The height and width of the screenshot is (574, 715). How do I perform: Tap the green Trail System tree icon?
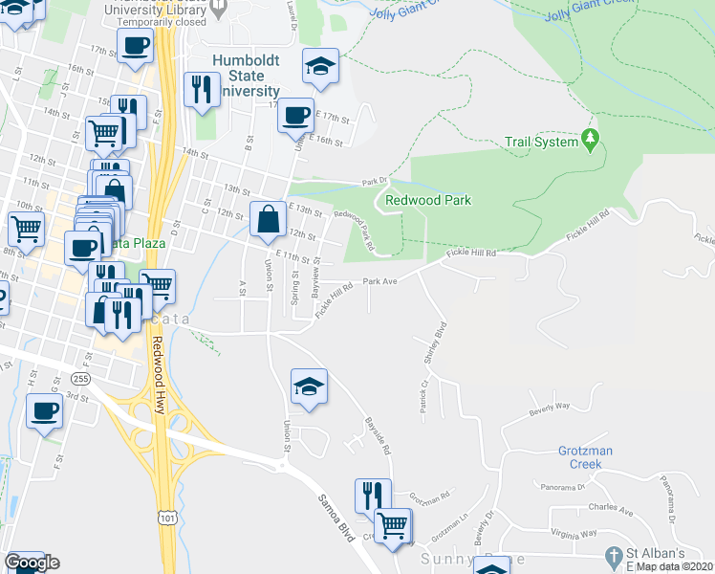(x=591, y=142)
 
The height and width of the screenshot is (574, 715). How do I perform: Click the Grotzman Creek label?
(x=580, y=456)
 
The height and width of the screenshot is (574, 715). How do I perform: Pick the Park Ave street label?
(x=379, y=282)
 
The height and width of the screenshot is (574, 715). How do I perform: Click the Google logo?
(x=32, y=563)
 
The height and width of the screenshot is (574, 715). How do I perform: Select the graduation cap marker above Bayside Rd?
(x=309, y=386)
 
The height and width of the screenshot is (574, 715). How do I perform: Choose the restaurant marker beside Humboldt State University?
(x=202, y=90)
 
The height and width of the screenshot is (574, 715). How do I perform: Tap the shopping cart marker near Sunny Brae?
(x=392, y=524)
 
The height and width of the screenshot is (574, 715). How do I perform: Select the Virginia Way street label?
(x=574, y=533)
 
